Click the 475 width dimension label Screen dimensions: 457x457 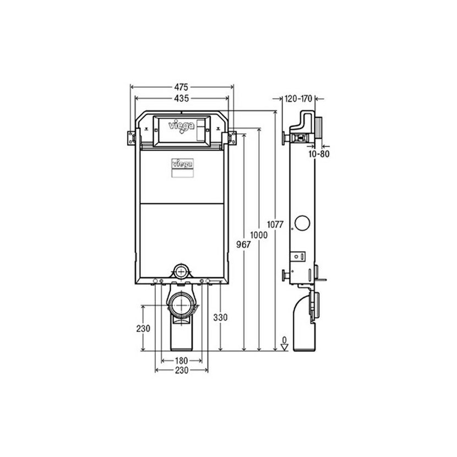click(x=181, y=87)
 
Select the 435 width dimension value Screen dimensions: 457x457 click(x=181, y=99)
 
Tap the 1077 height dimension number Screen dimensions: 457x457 click(x=275, y=225)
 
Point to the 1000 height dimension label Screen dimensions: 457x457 click(x=259, y=235)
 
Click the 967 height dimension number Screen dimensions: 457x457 click(x=243, y=244)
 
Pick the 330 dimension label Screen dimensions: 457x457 click(x=220, y=317)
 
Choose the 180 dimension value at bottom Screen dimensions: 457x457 click(x=181, y=361)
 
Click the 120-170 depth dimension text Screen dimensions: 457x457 click(x=298, y=99)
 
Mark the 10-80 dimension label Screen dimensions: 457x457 click(x=319, y=154)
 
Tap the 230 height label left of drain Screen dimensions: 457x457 click(x=143, y=329)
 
